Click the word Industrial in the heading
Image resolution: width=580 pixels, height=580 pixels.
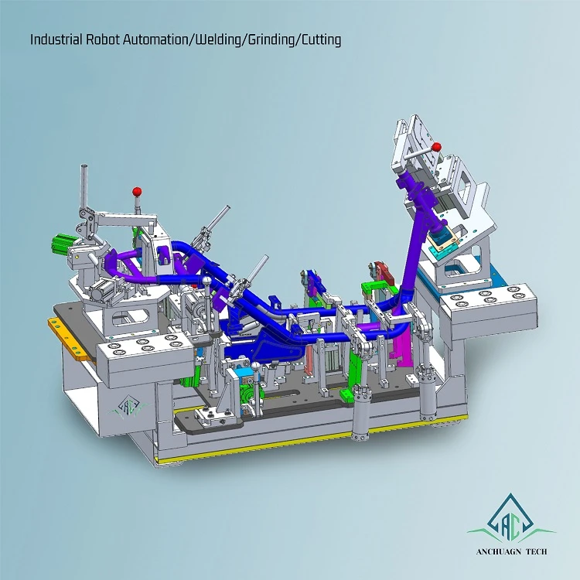coord(56,39)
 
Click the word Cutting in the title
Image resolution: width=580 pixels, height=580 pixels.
coord(321,39)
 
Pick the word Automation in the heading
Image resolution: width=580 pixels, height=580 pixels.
coord(155,39)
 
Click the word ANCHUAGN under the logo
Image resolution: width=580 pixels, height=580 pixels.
coord(498,551)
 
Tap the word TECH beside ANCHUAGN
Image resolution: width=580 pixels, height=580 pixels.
coord(536,551)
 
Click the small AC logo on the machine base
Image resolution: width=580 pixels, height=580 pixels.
coord(128,408)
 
